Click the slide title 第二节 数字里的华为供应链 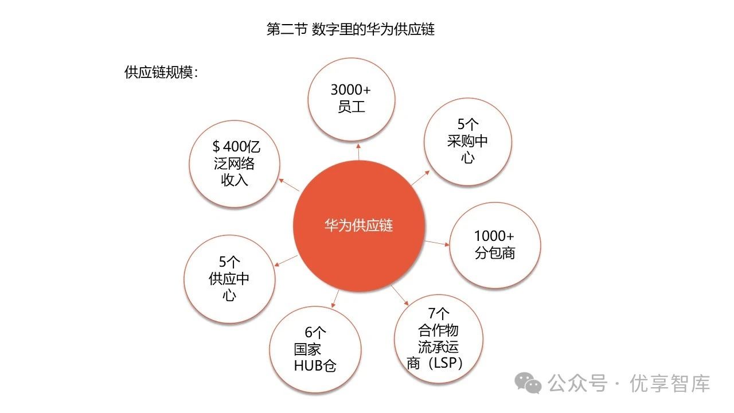[350, 29]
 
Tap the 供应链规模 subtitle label [161, 72]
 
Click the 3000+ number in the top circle [351, 90]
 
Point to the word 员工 [351, 107]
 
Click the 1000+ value [494, 236]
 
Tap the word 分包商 [494, 253]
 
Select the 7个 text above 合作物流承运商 [439, 314]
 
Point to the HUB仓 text [315, 365]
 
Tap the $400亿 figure [236, 146]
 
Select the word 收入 [235, 180]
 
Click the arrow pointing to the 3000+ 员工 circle [358, 151]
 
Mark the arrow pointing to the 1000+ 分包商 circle [437, 243]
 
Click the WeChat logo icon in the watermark [528, 383]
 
